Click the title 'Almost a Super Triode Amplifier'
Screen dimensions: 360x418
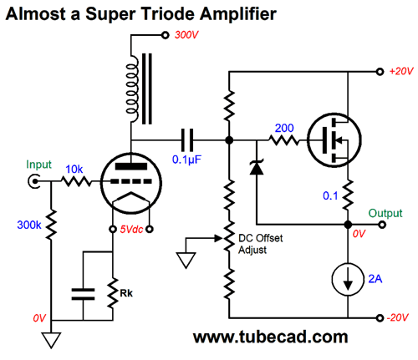(x=138, y=14)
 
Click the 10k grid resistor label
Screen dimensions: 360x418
(x=75, y=169)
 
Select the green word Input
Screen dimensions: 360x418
(x=39, y=165)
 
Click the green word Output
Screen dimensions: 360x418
(x=387, y=214)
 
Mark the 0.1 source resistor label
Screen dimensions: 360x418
(x=330, y=197)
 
